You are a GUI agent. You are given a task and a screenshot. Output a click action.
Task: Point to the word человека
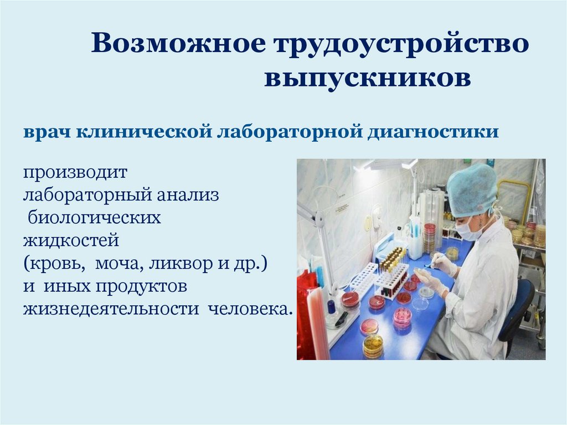(x=249, y=308)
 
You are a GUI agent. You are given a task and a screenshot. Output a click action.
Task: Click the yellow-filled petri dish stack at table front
(x=373, y=345)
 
